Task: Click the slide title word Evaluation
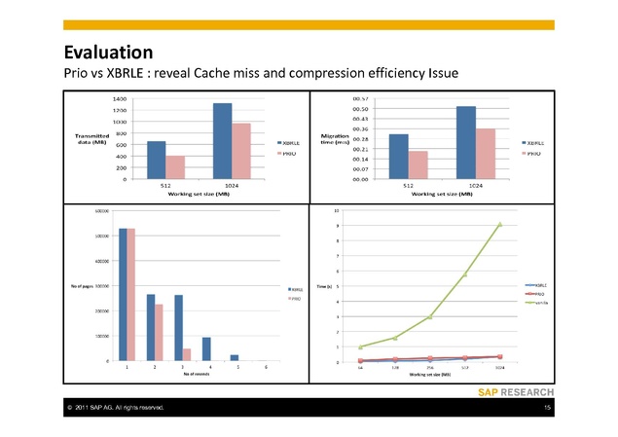tap(108, 52)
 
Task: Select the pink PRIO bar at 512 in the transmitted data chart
tap(175, 167)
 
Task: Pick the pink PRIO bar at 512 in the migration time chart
tap(418, 165)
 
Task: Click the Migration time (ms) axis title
tap(335, 139)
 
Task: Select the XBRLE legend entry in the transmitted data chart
tap(289, 143)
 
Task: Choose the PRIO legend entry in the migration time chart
tap(533, 154)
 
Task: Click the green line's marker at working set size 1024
tap(500, 224)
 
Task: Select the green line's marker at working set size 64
tap(360, 347)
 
